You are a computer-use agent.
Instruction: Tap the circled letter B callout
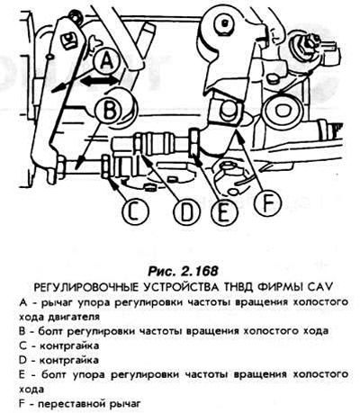pos(109,111)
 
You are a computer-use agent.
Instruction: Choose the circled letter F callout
pos(267,202)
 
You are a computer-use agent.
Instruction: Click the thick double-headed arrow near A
pos(98,81)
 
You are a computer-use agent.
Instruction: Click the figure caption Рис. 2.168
pos(183,271)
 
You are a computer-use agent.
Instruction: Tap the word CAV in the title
pos(321,287)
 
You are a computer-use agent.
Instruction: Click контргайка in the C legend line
pos(69,346)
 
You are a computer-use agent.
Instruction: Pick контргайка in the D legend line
pos(69,360)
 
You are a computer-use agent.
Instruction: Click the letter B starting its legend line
pos(22,331)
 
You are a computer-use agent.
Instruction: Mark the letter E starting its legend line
pos(22,374)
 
